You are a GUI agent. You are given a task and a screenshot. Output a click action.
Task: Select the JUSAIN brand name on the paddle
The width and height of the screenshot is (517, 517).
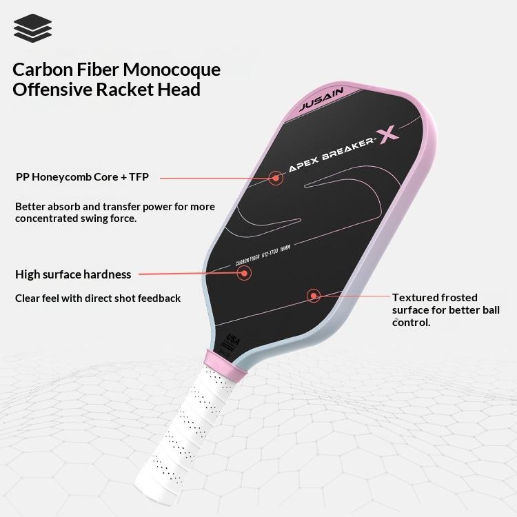point(325,100)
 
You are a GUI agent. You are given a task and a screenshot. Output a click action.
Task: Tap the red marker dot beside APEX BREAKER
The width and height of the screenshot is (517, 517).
point(276,178)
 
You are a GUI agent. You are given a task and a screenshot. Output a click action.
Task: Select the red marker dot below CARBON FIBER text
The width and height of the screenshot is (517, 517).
point(243,273)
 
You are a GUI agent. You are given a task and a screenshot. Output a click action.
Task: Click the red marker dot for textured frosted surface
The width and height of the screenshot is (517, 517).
point(314,296)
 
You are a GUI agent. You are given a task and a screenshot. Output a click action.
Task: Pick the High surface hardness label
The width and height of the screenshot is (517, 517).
point(73,274)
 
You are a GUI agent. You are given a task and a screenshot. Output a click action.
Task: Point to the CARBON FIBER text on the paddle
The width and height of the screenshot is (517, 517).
point(250,261)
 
